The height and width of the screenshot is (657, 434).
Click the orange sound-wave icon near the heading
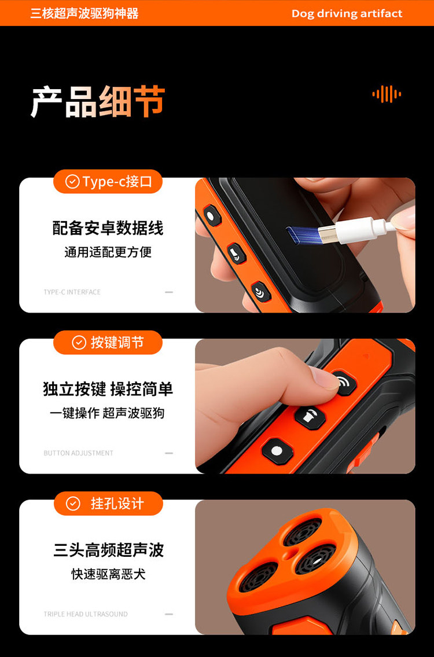pyautogui.click(x=387, y=94)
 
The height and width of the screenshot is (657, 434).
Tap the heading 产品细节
pyautogui.click(x=98, y=102)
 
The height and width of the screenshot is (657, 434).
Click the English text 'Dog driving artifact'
pyautogui.click(x=347, y=13)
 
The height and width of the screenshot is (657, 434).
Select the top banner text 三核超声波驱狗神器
pyautogui.click(x=84, y=13)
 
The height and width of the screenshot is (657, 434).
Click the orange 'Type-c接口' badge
pyautogui.click(x=108, y=181)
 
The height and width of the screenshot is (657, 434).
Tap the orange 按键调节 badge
pyautogui.click(x=108, y=342)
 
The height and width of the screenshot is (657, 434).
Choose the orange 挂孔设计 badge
pyautogui.click(x=108, y=503)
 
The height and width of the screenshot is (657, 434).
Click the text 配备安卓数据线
pyautogui.click(x=108, y=228)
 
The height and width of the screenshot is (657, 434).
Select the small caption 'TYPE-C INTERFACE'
pyautogui.click(x=72, y=292)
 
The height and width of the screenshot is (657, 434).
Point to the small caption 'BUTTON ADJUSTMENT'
pyautogui.click(x=78, y=453)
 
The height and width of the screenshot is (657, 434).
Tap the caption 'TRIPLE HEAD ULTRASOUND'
pyautogui.click(x=86, y=614)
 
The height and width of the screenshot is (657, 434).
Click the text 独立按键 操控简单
pyautogui.click(x=108, y=389)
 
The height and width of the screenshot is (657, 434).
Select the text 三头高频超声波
pyautogui.click(x=108, y=550)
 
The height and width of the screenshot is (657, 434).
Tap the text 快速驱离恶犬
pyautogui.click(x=108, y=574)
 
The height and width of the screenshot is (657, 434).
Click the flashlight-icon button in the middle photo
pyautogui.click(x=310, y=417)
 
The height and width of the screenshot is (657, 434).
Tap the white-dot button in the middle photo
pyautogui.click(x=277, y=452)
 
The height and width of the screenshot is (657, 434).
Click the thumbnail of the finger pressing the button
pyautogui.click(x=305, y=406)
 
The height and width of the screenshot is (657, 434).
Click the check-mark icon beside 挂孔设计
pyautogui.click(x=73, y=503)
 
